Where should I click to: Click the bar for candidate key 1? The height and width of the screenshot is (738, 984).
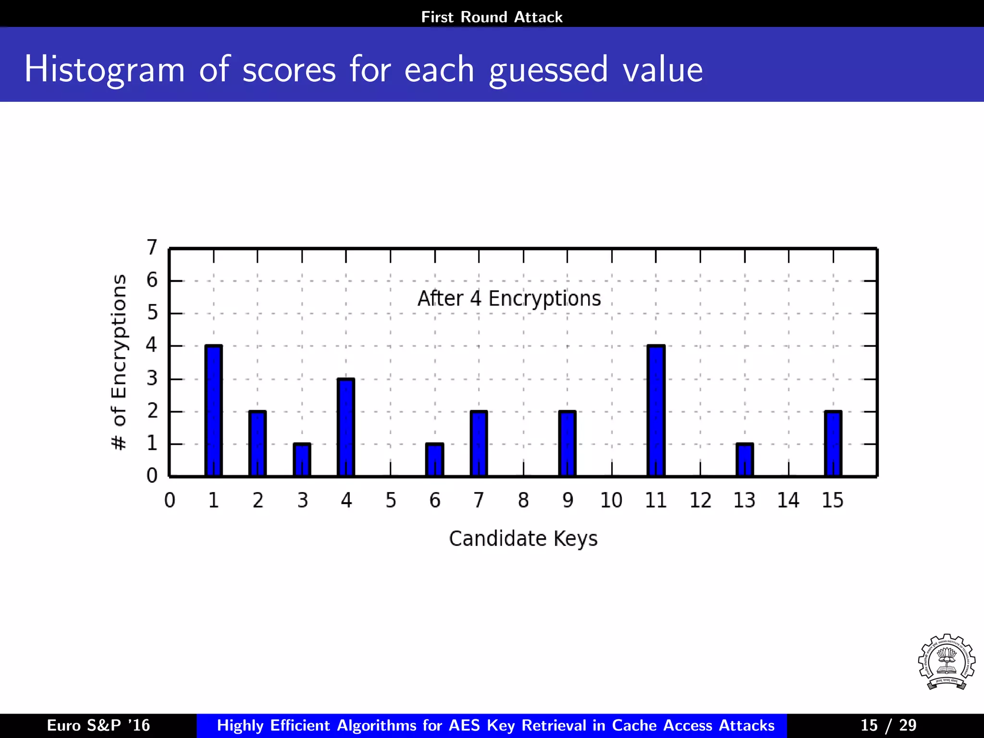pos(213,411)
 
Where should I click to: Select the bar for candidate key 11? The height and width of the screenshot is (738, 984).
pos(656,411)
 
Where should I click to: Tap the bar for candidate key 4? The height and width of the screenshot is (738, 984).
pos(346,428)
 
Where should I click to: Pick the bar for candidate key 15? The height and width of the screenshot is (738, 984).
pos(833,444)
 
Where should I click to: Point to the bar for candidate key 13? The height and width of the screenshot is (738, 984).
pos(745,460)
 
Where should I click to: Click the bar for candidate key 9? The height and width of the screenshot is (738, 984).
pos(567,444)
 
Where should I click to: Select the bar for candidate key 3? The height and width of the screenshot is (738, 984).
pos(302,460)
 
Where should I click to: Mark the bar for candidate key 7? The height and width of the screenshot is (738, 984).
pos(479,444)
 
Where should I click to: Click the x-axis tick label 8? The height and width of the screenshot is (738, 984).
pos(523,501)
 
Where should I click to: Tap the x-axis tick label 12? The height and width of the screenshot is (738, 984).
pos(700,501)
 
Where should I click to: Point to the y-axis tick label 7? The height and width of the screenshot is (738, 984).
pos(152,247)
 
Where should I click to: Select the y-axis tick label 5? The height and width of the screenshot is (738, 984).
pos(152,313)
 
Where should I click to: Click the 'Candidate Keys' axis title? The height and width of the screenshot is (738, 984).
pos(523,539)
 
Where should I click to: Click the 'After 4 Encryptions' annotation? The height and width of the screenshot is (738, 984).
pos(509,298)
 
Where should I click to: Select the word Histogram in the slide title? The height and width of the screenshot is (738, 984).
pos(104,70)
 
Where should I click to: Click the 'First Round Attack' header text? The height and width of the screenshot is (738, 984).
pos(492,17)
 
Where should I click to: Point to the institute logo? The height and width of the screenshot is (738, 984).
pos(946,662)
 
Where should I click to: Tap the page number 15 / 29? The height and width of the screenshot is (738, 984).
pos(888,725)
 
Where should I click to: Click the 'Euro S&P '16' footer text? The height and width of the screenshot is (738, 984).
pos(98,725)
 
